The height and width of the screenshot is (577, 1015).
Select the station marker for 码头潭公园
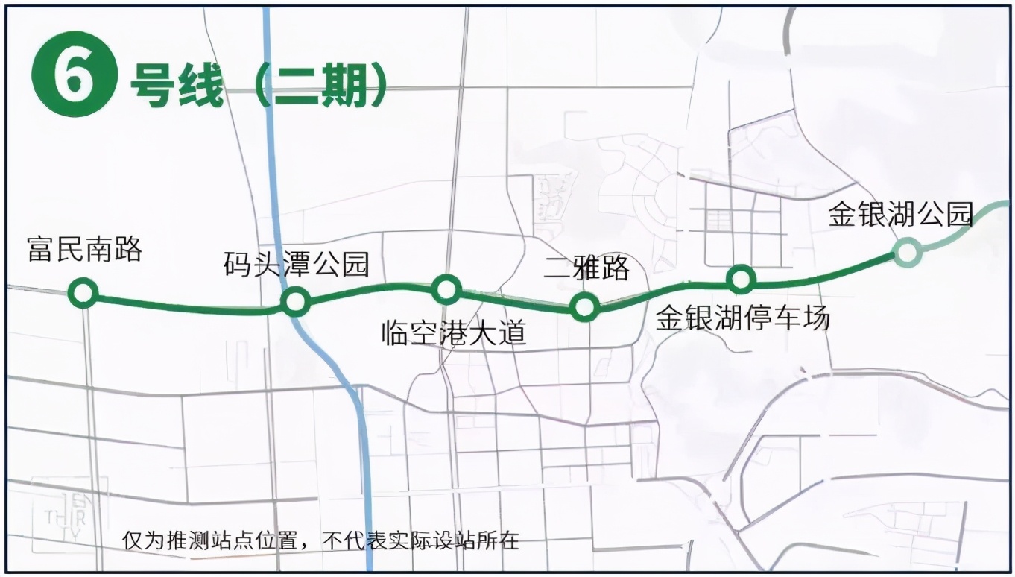point(295,301)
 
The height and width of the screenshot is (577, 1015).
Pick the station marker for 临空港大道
point(446,288)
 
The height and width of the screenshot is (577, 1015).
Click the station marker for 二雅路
point(584,306)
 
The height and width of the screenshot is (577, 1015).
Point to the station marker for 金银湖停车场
point(741,280)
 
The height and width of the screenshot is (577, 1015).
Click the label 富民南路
point(84,249)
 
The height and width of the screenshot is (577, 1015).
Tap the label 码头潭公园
point(297,263)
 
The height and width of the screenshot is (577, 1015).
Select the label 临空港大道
point(453,332)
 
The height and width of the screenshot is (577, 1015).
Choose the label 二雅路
point(587,267)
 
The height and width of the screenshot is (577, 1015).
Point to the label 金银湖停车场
point(742,318)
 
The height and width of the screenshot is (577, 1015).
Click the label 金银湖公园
point(901,215)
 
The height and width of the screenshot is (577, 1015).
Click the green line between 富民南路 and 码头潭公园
point(186,306)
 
